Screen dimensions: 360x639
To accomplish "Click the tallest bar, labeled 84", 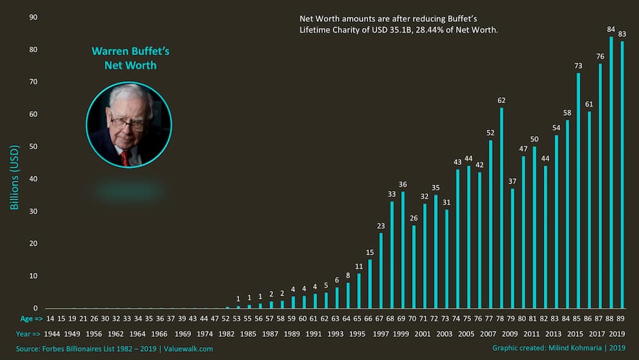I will coord(611,173).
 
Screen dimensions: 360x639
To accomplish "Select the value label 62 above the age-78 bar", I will coord(502,100).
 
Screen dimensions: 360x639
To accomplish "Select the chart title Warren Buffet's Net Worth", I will coord(130,58).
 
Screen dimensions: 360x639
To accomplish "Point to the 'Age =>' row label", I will coord(30,318).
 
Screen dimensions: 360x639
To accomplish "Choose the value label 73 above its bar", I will coord(578,66).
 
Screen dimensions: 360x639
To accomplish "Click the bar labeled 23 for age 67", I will coord(381,270).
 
